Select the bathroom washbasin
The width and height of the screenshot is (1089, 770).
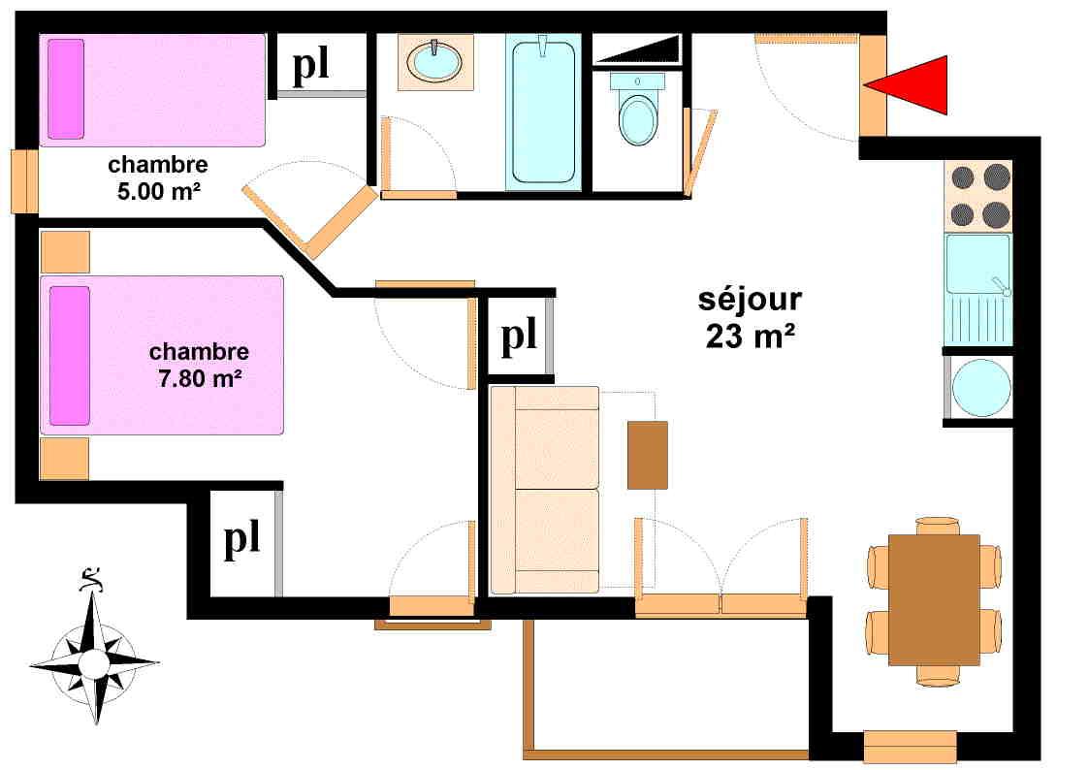[435, 62]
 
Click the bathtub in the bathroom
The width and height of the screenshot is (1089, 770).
[543, 111]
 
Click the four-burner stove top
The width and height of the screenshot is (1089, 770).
[979, 195]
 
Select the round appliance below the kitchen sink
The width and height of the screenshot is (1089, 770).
[980, 386]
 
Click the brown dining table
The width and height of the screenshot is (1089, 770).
[934, 599]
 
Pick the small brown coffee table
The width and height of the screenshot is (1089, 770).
[647, 455]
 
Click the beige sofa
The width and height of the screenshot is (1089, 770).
[545, 489]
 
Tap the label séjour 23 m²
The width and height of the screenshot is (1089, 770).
[749, 317]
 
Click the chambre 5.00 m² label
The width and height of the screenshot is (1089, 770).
[156, 176]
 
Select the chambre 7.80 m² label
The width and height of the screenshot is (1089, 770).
[199, 365]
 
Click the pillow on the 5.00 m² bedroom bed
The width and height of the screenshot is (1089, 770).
[66, 88]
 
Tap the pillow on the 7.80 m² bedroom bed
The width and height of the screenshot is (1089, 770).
[69, 355]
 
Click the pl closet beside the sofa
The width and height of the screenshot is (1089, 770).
[519, 337]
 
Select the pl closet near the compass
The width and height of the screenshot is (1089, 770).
[242, 540]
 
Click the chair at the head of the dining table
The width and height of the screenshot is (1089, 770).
[937, 525]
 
